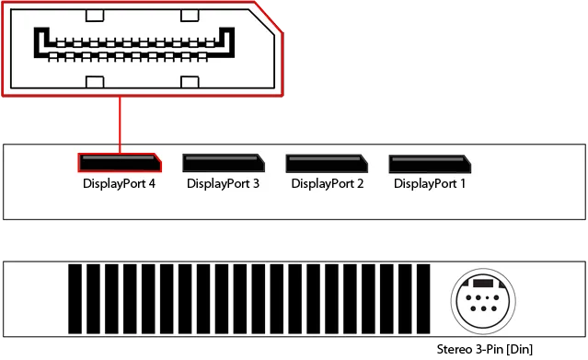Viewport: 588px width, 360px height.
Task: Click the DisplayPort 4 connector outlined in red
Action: click(119, 163)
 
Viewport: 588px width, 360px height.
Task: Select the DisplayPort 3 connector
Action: click(224, 163)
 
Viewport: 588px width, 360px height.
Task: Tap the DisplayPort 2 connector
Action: click(327, 163)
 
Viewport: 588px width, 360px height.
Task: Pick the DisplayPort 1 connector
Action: click(430, 163)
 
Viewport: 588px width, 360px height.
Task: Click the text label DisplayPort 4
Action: click(119, 183)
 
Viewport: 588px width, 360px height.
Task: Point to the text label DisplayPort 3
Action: click(224, 183)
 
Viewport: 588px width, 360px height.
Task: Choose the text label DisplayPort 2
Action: click(327, 183)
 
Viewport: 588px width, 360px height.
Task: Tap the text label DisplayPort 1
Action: click(430, 183)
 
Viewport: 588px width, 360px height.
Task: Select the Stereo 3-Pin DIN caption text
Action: click(486, 349)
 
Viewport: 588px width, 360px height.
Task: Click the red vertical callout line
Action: click(120, 122)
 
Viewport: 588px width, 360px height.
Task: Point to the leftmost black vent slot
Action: click(75, 301)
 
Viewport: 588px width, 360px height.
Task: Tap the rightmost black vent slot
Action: click(422, 301)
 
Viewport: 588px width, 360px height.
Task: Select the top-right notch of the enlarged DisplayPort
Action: click(189, 15)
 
